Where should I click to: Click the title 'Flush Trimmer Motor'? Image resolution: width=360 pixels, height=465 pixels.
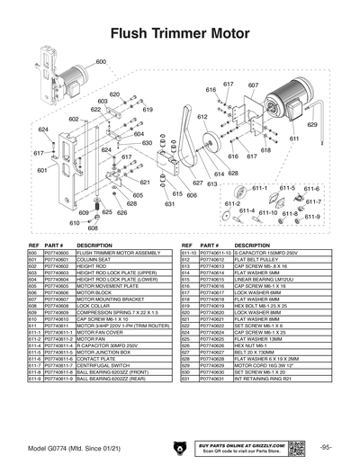point(179,35)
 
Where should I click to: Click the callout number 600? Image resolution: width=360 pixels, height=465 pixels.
point(101,62)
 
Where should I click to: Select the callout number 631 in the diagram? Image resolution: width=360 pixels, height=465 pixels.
point(168,204)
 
